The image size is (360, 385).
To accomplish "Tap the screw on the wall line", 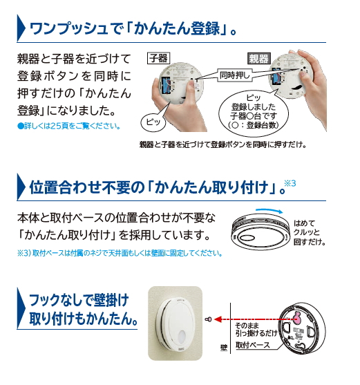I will [208, 319].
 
